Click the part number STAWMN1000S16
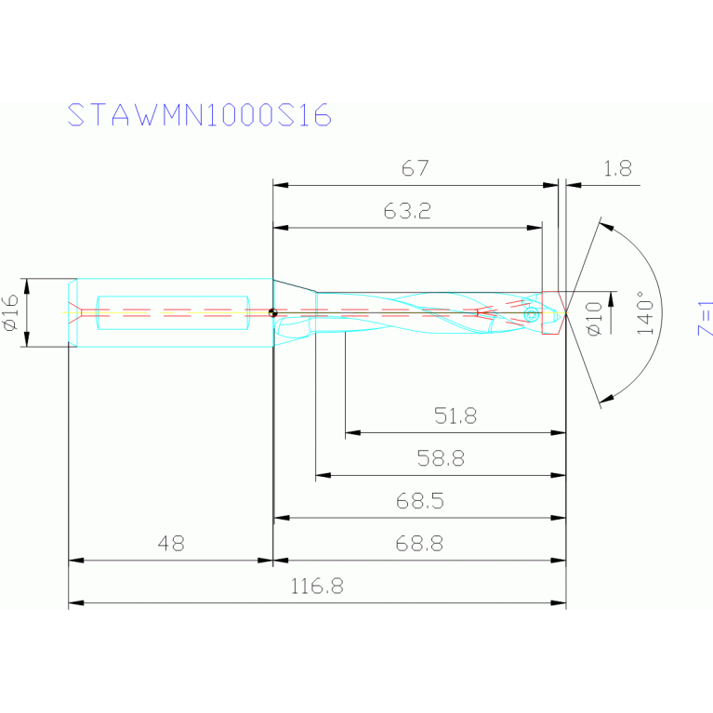click(199, 114)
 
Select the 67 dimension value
click(415, 169)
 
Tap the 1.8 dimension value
click(617, 169)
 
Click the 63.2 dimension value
click(406, 211)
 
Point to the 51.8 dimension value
click(456, 416)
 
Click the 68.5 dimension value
click(419, 502)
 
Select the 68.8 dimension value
click(419, 545)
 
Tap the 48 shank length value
click(170, 545)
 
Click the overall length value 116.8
click(317, 588)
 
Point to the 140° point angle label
click(640, 313)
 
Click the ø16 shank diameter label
click(11, 313)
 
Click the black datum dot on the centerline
click(272, 313)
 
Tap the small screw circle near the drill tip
click(531, 315)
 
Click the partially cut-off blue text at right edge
click(705, 317)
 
